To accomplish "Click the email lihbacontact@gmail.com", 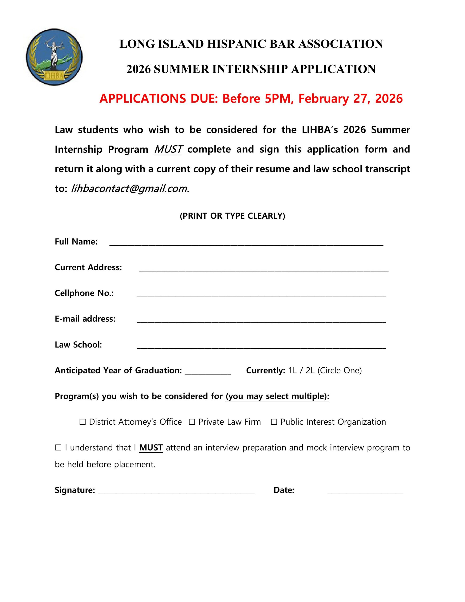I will [130, 189].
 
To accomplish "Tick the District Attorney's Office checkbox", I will [83, 422].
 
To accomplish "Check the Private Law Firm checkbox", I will [192, 422].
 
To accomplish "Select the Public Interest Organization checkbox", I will [274, 422].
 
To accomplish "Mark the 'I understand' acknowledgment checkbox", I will [58, 448].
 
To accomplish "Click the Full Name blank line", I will [246, 243].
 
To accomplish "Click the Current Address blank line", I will [264, 269].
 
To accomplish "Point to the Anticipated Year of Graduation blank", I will [208, 372].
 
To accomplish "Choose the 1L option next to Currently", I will [292, 370].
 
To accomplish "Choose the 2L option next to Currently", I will [310, 370].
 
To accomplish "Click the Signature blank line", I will [176, 491].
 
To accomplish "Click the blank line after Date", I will [365, 491].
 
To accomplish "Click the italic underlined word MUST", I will [168, 149].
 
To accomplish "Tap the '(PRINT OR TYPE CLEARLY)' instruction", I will [232, 216].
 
